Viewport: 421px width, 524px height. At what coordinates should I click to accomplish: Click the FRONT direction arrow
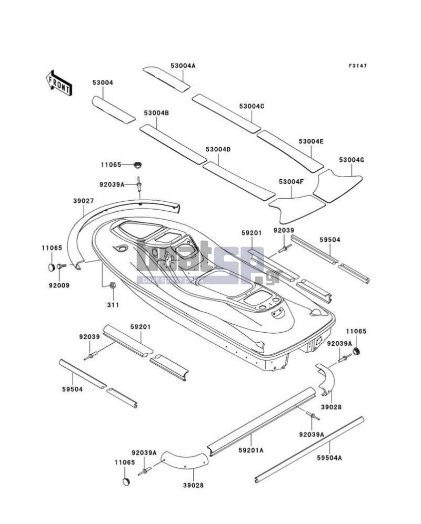click(x=59, y=83)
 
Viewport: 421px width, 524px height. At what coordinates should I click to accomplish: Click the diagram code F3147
click(x=357, y=66)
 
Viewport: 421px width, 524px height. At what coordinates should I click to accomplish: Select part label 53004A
click(x=183, y=66)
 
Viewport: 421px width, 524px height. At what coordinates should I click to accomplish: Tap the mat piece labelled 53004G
click(x=338, y=186)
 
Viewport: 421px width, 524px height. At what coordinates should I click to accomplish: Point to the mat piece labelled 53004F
click(x=296, y=209)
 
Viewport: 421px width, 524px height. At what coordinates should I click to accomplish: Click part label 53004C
click(x=252, y=106)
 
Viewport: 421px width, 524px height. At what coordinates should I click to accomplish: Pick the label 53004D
click(x=218, y=149)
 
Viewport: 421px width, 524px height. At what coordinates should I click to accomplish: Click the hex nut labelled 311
click(x=113, y=285)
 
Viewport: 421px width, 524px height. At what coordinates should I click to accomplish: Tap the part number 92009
click(x=59, y=285)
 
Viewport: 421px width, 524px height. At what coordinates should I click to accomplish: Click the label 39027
click(x=84, y=201)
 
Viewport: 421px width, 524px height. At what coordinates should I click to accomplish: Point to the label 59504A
click(x=329, y=458)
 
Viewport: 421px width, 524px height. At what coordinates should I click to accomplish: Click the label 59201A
click(x=251, y=450)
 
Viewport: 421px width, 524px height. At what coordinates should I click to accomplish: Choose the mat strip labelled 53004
click(x=114, y=110)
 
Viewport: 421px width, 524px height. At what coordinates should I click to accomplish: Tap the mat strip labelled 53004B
click(x=173, y=144)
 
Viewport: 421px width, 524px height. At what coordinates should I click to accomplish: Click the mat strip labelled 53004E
click(x=290, y=151)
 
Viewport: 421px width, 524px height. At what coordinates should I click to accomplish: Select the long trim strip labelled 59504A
click(x=309, y=450)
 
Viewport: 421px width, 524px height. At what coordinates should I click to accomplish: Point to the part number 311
click(x=113, y=305)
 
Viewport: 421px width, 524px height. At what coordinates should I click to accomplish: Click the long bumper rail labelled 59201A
click(x=262, y=422)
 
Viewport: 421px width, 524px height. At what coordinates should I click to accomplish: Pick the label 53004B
click(x=156, y=114)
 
